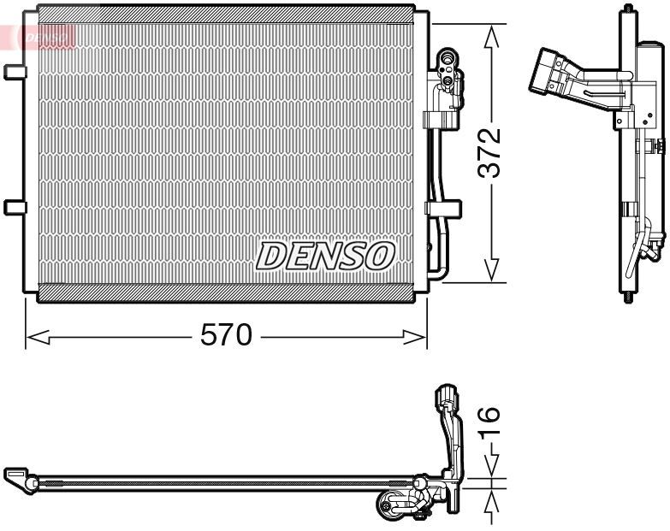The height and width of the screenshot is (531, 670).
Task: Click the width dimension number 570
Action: (226, 336)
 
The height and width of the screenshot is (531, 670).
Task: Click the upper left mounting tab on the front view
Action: (15, 73)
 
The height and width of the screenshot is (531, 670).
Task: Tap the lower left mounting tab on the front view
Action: (15, 206)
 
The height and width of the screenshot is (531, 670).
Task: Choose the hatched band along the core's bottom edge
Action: (226, 291)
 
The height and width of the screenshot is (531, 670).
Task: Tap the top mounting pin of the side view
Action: (630, 9)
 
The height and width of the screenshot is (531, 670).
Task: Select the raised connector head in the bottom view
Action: (447, 397)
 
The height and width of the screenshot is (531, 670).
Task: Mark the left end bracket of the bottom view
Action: (17, 475)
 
